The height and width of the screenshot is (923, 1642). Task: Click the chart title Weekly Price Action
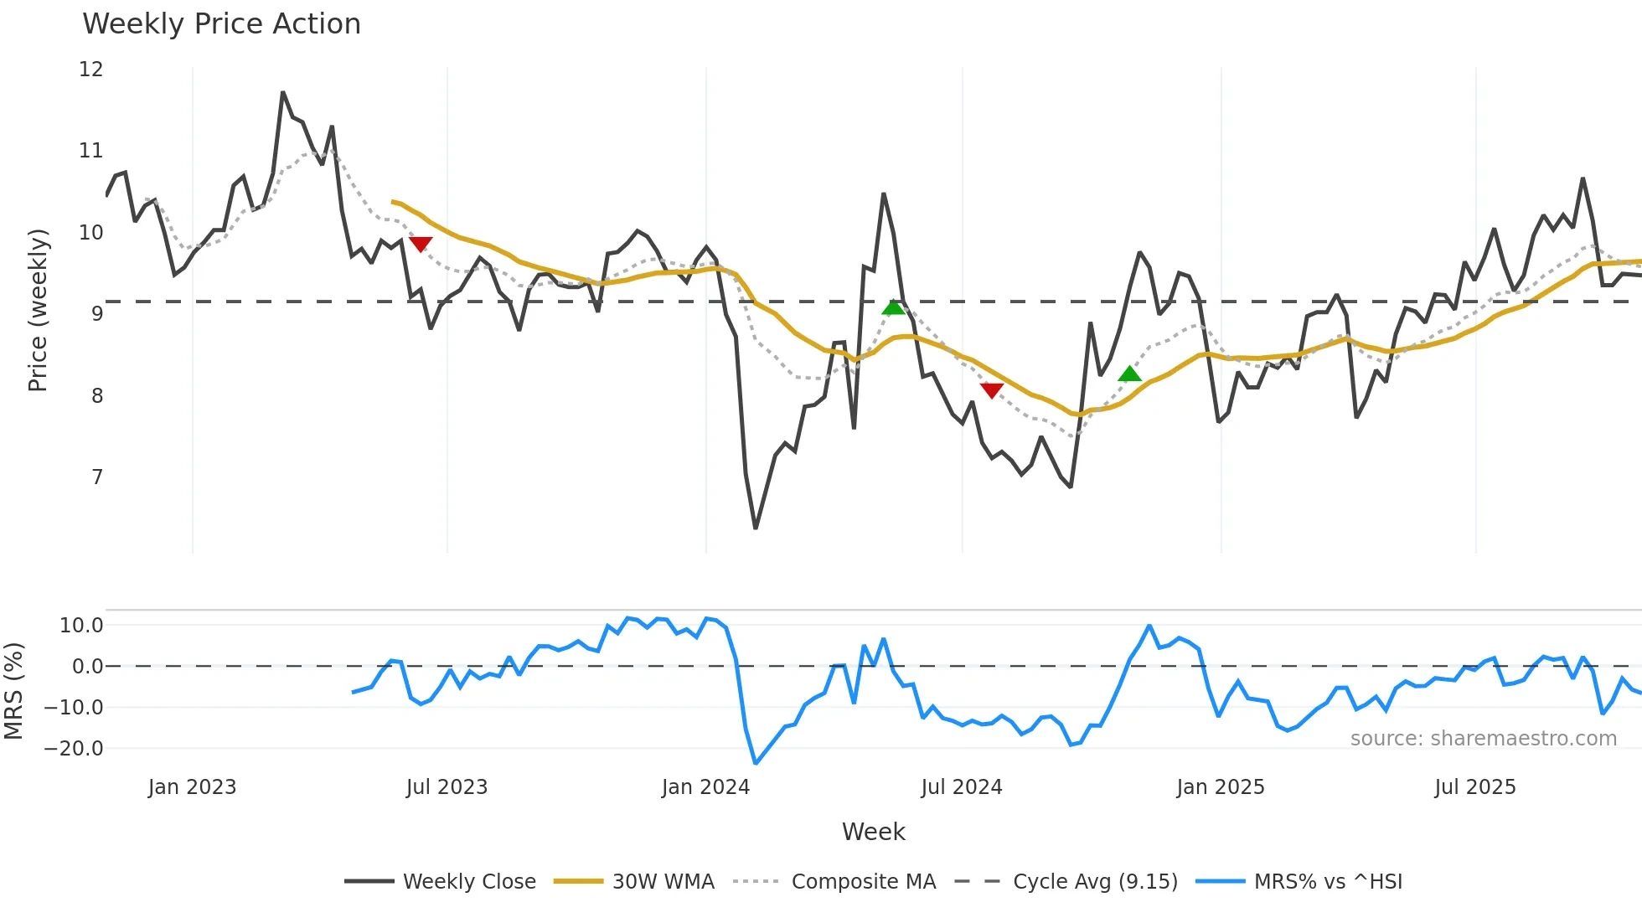click(221, 24)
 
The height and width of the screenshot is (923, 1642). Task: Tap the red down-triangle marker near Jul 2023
click(421, 244)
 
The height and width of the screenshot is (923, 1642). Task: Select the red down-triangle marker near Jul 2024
click(992, 390)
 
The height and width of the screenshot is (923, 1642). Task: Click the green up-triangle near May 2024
click(894, 307)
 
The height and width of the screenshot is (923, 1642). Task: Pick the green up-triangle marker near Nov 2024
click(1129, 374)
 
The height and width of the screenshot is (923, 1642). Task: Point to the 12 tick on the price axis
click(90, 70)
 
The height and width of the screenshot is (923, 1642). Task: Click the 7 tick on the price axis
click(97, 477)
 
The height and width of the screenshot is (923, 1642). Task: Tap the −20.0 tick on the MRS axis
click(74, 749)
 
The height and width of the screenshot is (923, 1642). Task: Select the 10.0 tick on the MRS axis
click(81, 626)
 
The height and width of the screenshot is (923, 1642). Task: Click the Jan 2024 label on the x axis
click(705, 787)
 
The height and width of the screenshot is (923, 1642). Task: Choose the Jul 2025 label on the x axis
click(1474, 787)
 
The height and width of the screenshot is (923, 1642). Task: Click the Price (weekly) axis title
click(38, 310)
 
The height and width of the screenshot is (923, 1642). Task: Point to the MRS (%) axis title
click(13, 691)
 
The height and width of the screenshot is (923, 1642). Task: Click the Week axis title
click(873, 832)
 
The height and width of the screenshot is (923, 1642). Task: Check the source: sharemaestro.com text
click(1483, 739)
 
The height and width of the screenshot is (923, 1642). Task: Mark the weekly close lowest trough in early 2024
click(756, 528)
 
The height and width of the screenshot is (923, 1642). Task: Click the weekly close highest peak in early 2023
click(283, 93)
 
